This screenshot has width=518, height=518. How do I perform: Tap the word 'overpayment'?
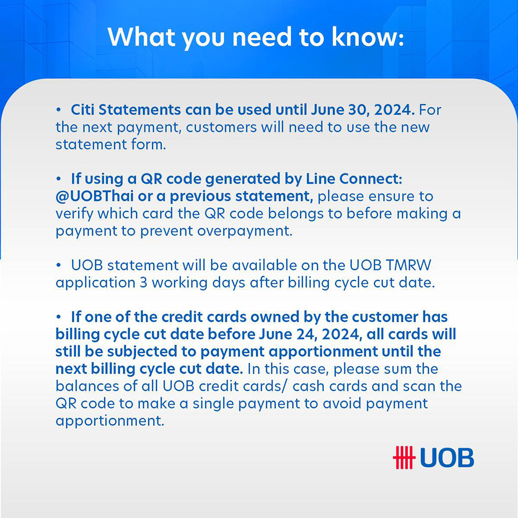pos(244,232)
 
